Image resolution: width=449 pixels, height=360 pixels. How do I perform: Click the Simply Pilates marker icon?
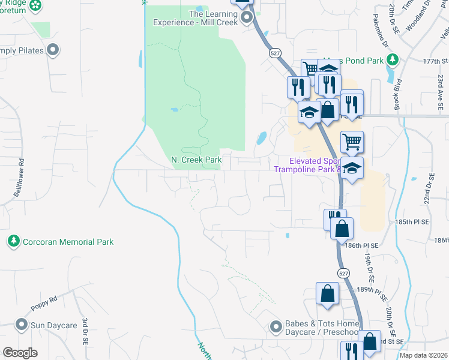[53, 50]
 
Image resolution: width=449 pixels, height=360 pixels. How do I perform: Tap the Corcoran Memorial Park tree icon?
[13, 242]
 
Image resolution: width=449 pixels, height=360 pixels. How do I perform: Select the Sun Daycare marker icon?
[22, 326]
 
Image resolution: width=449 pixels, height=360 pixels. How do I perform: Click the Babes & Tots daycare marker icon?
[276, 326]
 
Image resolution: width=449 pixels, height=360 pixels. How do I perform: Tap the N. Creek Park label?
[196, 160]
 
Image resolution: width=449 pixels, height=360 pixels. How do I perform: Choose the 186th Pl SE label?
[362, 245]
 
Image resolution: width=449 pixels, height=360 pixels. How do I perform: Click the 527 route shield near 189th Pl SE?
[342, 273]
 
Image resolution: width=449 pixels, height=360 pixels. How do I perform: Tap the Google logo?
[20, 353]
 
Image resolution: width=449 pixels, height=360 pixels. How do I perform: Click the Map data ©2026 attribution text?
[423, 355]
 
